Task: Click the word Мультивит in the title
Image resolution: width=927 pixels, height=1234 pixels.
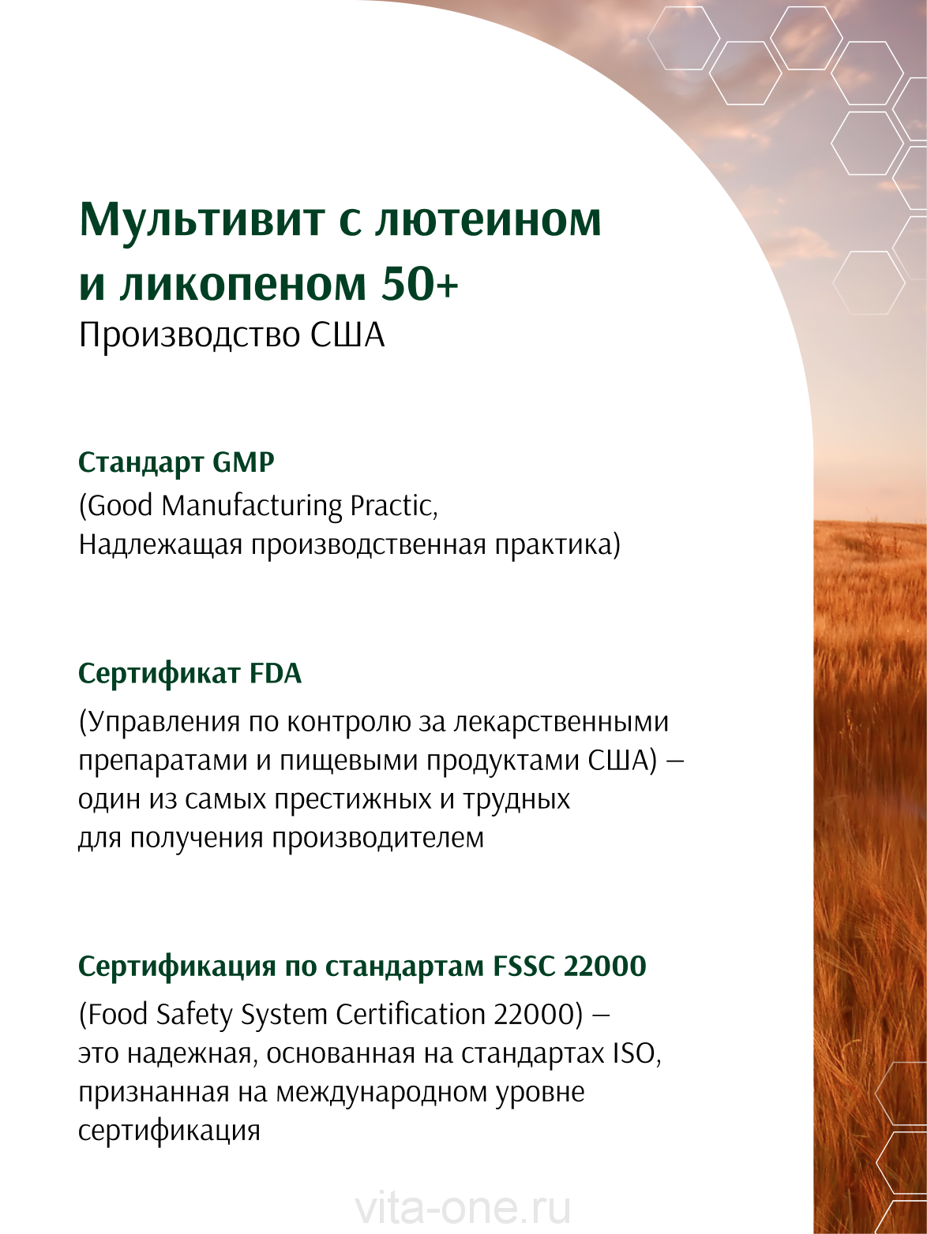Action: (x=202, y=220)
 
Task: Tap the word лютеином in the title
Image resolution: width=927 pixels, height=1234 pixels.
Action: (x=488, y=220)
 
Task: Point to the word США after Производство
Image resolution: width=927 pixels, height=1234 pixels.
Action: (x=348, y=335)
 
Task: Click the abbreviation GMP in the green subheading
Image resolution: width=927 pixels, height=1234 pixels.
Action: (x=243, y=462)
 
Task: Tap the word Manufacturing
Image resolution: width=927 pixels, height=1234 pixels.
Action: (x=252, y=507)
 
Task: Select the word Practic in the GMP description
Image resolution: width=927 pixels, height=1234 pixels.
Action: (x=393, y=507)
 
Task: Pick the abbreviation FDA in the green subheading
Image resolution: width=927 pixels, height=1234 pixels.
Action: (x=274, y=674)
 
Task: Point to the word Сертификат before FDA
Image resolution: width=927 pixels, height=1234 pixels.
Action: (x=159, y=674)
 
